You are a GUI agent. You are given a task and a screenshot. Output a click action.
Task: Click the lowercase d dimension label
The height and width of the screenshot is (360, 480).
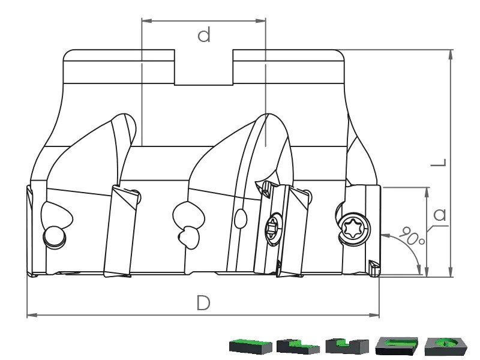pos(204,34)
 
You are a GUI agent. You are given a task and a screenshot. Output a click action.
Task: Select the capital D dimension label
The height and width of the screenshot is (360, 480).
pos(203,303)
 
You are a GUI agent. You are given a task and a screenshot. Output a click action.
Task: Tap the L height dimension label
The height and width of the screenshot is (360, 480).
pos(439,162)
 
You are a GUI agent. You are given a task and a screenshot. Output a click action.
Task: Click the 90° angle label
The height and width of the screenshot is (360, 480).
pos(412,235)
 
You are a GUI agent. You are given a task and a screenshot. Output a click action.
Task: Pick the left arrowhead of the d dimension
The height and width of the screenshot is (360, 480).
pos(146,20)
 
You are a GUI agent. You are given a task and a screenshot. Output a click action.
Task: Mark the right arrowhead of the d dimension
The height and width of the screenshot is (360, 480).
pos(260,20)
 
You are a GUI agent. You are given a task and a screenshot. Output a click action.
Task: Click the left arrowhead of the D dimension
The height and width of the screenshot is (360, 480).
pos(32,315)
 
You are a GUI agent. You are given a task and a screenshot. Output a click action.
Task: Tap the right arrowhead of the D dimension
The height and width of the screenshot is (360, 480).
pos(374,315)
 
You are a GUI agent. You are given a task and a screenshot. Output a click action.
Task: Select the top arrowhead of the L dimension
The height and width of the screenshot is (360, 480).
pos(451,55)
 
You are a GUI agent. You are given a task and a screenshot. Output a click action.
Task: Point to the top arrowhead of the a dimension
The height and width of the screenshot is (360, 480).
pos(427,192)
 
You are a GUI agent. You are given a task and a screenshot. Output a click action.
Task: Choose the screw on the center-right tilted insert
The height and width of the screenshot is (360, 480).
pos(273,227)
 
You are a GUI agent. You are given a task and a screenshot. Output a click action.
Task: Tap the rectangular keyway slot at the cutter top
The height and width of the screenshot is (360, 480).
pos(203,67)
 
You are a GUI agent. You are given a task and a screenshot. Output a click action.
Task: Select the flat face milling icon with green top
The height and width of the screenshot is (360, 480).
pos(251,346)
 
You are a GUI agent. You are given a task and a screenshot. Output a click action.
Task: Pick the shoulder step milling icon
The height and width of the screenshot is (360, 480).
pos(298,346)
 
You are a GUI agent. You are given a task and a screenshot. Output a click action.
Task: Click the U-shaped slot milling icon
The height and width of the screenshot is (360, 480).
pos(347,346)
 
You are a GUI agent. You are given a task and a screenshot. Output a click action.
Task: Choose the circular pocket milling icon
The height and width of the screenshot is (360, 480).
pos(446,346)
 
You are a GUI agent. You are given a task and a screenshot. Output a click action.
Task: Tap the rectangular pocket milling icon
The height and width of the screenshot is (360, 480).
pos(397,346)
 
